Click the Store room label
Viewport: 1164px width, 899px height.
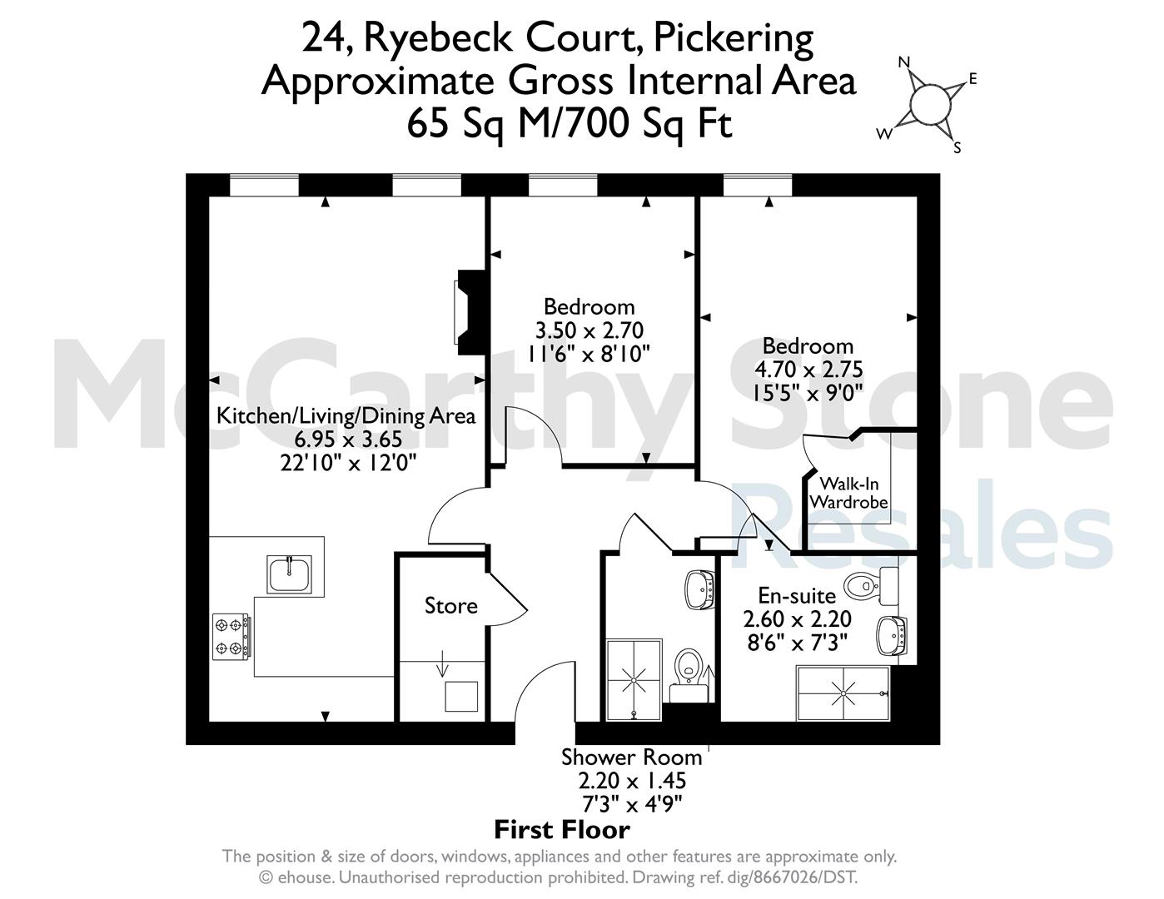(450, 606)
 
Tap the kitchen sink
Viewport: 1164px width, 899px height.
(289, 574)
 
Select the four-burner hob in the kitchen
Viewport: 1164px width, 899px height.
(231, 637)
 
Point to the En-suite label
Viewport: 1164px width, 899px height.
(797, 595)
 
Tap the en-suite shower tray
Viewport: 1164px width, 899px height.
(843, 693)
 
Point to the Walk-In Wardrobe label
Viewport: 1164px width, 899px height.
(848, 493)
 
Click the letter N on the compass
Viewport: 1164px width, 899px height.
(904, 62)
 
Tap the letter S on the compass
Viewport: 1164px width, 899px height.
(958, 147)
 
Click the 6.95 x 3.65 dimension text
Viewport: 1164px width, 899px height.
(348, 439)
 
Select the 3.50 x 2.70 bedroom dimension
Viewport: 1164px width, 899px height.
(589, 330)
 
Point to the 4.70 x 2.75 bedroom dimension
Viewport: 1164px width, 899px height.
(808, 370)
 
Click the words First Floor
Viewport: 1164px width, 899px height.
(562, 831)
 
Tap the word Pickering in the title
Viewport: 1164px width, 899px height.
(734, 38)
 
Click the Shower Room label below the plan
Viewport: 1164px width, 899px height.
(632, 757)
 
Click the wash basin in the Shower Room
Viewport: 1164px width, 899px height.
(700, 589)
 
